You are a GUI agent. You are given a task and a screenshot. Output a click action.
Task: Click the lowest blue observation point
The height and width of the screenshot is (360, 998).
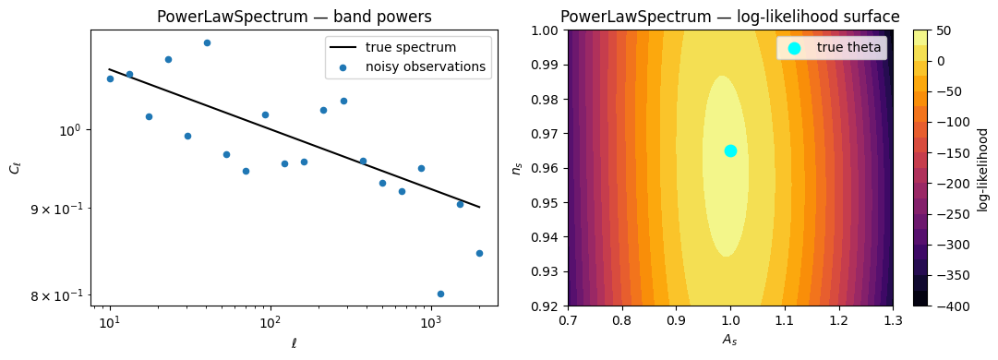[440, 294]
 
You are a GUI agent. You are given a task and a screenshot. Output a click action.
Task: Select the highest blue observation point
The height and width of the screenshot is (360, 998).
[207, 42]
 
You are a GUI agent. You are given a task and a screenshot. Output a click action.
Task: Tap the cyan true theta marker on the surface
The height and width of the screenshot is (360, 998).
[730, 150]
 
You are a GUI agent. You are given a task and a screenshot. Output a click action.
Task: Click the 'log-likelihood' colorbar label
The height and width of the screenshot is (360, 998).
[982, 169]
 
